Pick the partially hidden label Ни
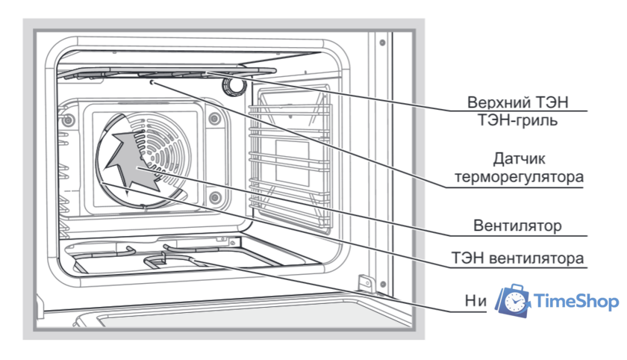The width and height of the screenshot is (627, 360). [475, 301]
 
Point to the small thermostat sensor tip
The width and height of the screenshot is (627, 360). [152, 84]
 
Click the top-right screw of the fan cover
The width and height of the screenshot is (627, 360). [214, 118]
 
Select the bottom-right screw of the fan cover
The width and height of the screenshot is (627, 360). [215, 197]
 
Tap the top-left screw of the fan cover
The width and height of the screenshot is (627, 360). [69, 120]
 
